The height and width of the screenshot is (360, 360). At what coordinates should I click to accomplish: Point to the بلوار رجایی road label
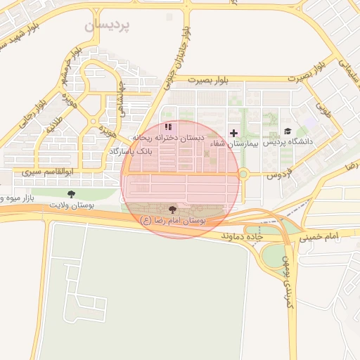[x=32, y=112]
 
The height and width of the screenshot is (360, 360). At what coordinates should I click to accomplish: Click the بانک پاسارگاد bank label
[x=130, y=151]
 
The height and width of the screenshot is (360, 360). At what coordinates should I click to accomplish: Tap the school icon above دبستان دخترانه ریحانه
[x=167, y=127]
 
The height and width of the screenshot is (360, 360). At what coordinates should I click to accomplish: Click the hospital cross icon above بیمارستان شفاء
[x=233, y=132]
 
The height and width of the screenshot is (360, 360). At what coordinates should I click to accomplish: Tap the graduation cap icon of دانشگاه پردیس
[x=287, y=131]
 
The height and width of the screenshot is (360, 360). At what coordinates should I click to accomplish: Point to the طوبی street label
[x=323, y=111]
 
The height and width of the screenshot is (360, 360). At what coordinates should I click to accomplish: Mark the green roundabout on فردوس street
[x=243, y=174]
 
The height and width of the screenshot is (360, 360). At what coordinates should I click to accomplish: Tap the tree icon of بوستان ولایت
[x=70, y=193]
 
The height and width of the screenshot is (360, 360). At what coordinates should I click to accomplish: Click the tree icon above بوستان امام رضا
[x=173, y=210]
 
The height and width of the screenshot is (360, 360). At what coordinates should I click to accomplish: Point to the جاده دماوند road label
[x=243, y=236]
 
